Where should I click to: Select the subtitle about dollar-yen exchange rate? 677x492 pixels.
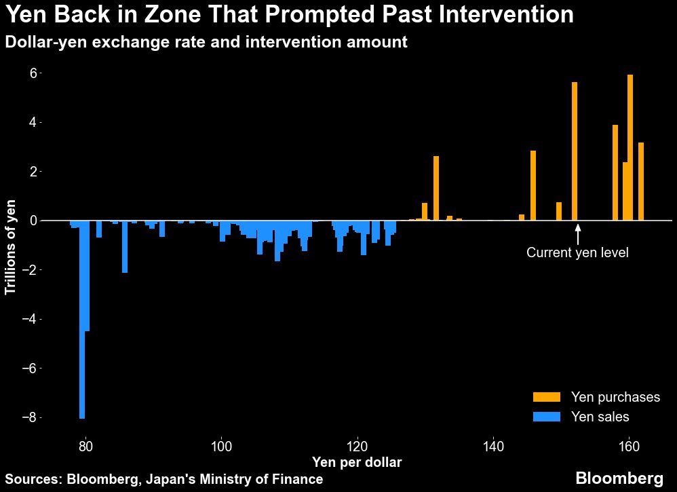pos(206,42)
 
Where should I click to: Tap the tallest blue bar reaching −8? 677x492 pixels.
pos(82,319)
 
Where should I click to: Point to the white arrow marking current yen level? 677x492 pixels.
pos(577,233)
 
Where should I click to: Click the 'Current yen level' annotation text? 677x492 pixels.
pos(577,253)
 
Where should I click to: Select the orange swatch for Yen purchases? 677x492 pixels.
pos(546,397)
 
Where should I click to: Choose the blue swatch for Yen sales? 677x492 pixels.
pos(546,417)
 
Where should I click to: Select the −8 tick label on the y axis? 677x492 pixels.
pos(28,418)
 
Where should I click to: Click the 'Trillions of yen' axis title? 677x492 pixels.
pos(12,247)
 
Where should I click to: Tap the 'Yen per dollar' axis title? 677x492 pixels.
pos(356,463)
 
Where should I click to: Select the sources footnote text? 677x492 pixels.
pos(163,479)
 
